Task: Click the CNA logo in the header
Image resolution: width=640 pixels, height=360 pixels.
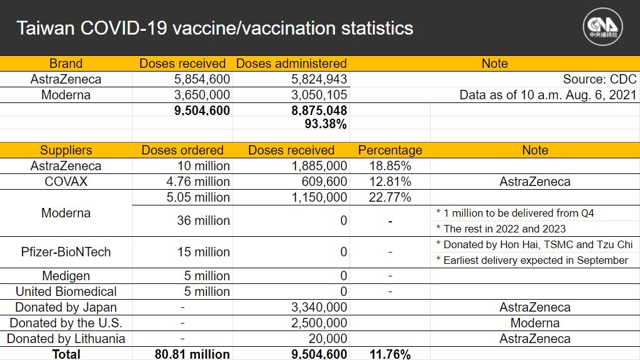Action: click(x=602, y=27)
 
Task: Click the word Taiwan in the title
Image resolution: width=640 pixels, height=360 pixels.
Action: click(x=45, y=28)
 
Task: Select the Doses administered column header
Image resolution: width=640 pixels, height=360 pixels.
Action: click(x=292, y=63)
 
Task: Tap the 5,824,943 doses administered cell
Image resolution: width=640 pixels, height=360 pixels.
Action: click(x=319, y=79)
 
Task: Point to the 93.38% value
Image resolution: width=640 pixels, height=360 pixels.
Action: click(x=326, y=124)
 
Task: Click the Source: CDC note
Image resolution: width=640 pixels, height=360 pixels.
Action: click(x=600, y=79)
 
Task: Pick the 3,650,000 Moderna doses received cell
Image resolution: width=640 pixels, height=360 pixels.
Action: click(x=202, y=95)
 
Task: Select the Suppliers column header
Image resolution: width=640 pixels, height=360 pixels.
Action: click(x=66, y=150)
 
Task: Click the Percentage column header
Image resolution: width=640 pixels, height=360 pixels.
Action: click(x=390, y=150)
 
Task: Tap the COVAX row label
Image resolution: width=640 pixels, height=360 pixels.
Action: click(x=66, y=182)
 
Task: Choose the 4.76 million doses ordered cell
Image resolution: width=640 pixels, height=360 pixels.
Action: click(x=198, y=182)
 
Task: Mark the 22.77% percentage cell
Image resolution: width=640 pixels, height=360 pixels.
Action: click(x=390, y=197)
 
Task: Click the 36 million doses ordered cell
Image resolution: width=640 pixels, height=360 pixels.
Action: click(x=203, y=221)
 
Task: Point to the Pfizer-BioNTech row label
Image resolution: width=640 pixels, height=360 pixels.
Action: click(x=66, y=252)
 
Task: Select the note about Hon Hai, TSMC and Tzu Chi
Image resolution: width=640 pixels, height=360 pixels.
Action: click(x=534, y=244)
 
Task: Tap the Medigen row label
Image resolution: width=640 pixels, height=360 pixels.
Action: click(x=66, y=276)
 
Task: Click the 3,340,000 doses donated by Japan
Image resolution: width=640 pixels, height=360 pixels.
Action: click(x=319, y=307)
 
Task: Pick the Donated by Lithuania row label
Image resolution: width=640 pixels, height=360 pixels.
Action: click(x=66, y=339)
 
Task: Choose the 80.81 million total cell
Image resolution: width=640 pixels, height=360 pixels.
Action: click(x=192, y=354)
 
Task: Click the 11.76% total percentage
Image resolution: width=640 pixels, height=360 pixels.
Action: click(x=390, y=354)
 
